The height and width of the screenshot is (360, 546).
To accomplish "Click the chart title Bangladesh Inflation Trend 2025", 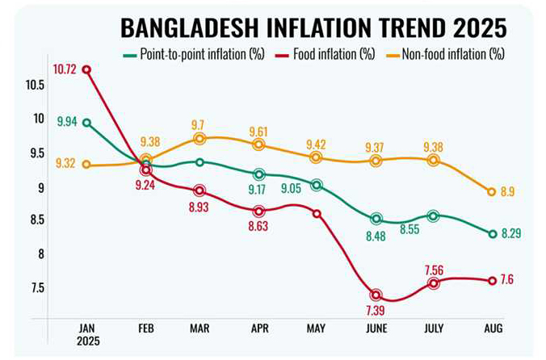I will click(x=313, y=28).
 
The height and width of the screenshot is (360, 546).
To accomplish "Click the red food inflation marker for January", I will click(x=86, y=69).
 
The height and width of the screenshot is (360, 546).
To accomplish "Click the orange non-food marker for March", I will click(x=199, y=139).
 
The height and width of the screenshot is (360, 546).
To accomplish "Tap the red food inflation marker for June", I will click(x=376, y=295).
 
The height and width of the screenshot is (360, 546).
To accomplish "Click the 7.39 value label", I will click(x=376, y=312).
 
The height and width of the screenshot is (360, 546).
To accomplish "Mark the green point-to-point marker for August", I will click(x=492, y=234).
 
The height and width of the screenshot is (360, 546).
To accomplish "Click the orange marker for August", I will click(x=492, y=192).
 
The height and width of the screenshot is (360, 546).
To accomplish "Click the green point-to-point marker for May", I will click(x=317, y=185).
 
